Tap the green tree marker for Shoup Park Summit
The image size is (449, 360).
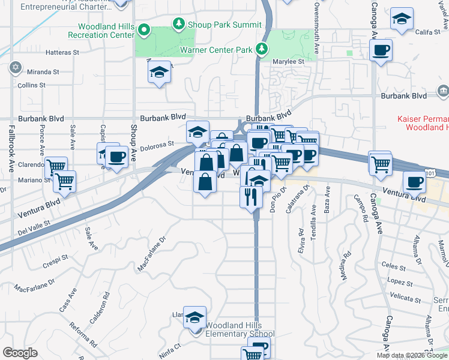click(x=178, y=24)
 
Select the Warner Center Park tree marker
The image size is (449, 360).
click(x=261, y=49)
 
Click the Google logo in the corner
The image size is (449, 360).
click(x=19, y=353)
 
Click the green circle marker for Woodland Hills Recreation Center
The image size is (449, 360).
click(x=144, y=29)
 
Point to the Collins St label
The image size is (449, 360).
click(x=31, y=85)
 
